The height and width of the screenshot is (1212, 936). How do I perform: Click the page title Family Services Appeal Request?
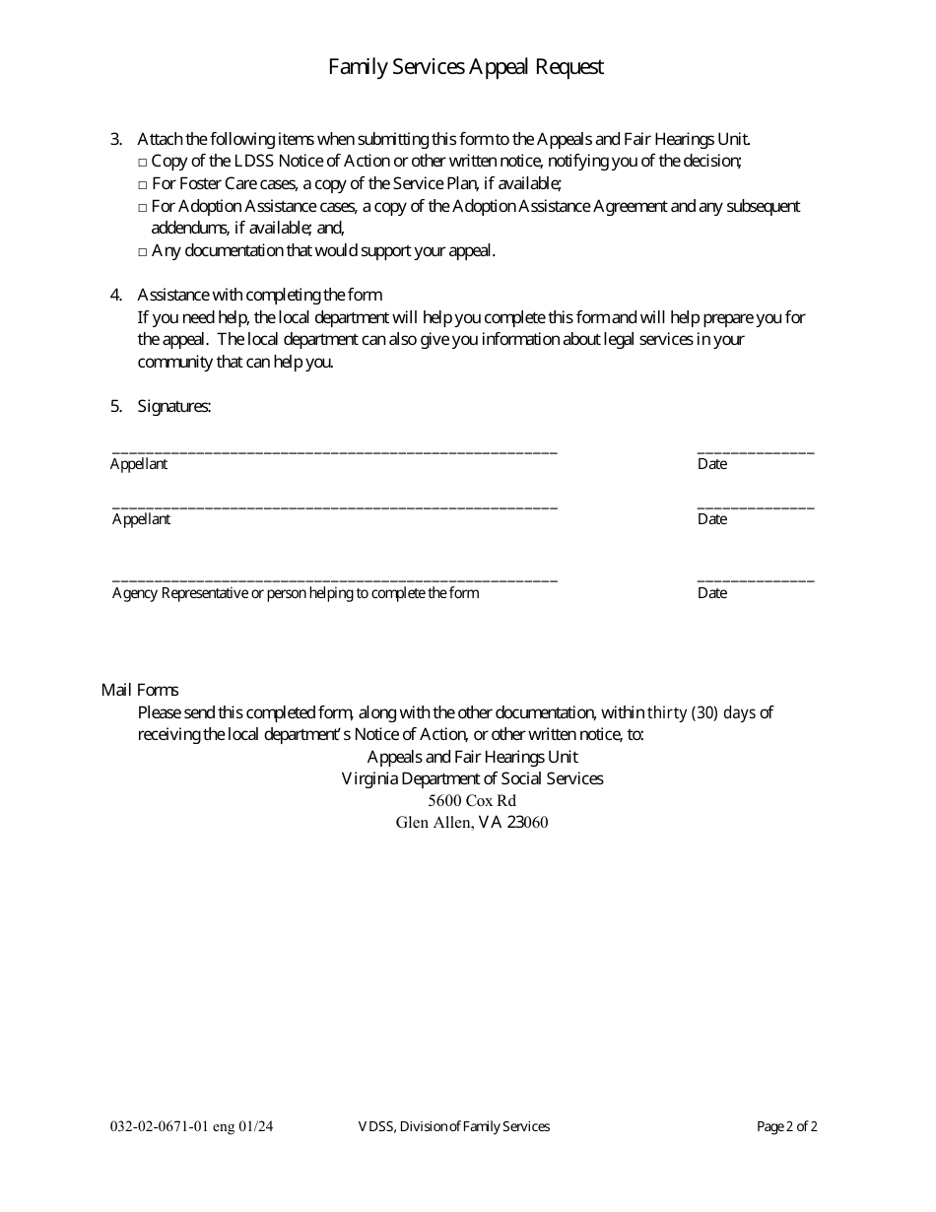pyautogui.click(x=466, y=67)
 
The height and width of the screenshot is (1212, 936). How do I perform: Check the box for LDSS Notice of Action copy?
pyautogui.click(x=143, y=162)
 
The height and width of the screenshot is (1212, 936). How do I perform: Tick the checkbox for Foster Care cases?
pyautogui.click(x=143, y=184)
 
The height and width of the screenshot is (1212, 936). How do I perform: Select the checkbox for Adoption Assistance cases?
pyautogui.click(x=143, y=207)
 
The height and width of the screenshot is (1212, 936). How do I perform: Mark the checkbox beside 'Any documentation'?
pyautogui.click(x=143, y=251)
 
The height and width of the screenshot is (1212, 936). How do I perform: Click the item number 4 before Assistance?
pyautogui.click(x=115, y=295)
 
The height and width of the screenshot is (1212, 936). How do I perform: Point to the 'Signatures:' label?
pyautogui.click(x=174, y=406)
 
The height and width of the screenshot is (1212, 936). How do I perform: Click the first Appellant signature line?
pyautogui.click(x=335, y=449)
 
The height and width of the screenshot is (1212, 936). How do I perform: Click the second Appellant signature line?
pyautogui.click(x=335, y=505)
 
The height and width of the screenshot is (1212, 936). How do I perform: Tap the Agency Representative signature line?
pyautogui.click(x=335, y=578)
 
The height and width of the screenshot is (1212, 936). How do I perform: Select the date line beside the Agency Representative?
pyautogui.click(x=756, y=578)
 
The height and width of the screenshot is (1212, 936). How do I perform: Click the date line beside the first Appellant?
pyautogui.click(x=756, y=449)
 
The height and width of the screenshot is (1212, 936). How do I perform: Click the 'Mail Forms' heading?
pyautogui.click(x=140, y=690)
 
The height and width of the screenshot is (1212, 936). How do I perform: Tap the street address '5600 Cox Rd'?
pyautogui.click(x=472, y=801)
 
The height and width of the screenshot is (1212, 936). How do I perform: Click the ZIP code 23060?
pyautogui.click(x=527, y=823)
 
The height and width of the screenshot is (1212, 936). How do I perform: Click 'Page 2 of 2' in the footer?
pyautogui.click(x=787, y=1126)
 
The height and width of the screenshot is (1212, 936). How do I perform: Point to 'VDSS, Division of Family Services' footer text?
pyautogui.click(x=453, y=1126)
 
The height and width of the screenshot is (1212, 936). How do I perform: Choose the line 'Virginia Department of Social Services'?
pyautogui.click(x=472, y=778)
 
